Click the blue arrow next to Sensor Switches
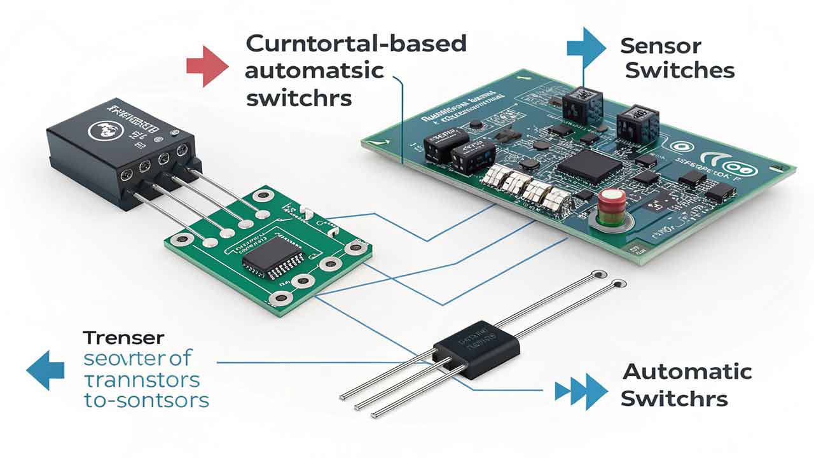[586, 47]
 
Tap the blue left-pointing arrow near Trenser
[45, 370]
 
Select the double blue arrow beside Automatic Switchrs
[581, 391]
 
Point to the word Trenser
[123, 338]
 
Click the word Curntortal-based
[355, 44]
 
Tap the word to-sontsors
[146, 401]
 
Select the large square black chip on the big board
[590, 166]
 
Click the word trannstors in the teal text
[141, 380]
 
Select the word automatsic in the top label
[314, 70]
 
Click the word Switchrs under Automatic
[673, 399]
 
